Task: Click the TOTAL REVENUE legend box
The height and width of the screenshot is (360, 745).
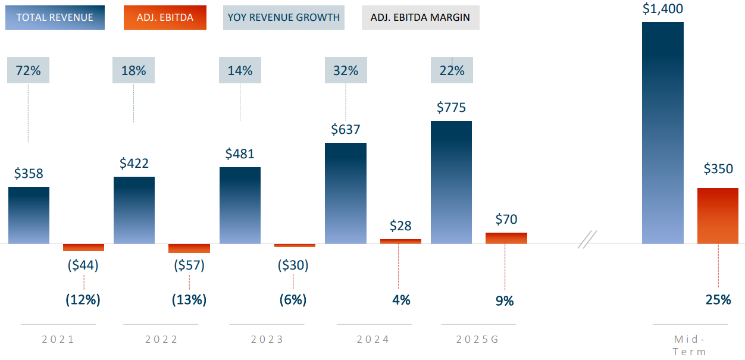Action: (55, 17)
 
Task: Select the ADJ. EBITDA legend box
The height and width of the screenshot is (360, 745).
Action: (165, 17)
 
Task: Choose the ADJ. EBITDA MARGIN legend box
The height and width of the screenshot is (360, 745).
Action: (420, 17)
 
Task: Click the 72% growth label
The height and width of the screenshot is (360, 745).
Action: (28, 71)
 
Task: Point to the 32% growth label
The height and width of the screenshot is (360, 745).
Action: (346, 71)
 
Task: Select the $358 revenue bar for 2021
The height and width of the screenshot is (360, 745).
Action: (29, 215)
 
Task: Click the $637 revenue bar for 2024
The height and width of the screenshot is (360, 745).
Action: (346, 193)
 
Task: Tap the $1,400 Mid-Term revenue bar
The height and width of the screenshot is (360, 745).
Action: (663, 133)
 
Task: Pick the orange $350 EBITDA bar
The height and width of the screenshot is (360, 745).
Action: (718, 215)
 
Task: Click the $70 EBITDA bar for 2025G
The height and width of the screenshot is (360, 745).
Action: (506, 237)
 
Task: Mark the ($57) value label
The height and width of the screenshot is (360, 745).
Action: (189, 265)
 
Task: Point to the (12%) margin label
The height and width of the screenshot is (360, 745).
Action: (83, 299)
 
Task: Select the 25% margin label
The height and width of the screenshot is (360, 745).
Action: (718, 299)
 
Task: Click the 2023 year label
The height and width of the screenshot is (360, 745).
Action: (267, 340)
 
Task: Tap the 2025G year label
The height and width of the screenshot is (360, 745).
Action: (478, 340)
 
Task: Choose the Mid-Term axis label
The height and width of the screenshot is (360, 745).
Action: (690, 345)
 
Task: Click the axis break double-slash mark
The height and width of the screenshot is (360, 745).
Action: (587, 239)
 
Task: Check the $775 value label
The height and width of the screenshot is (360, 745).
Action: (451, 108)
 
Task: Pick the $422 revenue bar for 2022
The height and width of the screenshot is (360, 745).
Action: (134, 209)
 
